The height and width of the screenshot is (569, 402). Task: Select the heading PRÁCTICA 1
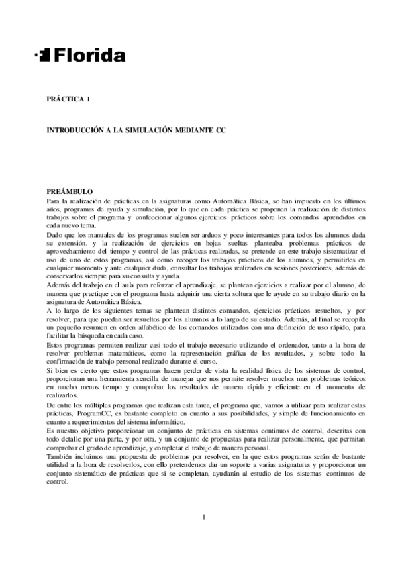click(68, 99)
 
